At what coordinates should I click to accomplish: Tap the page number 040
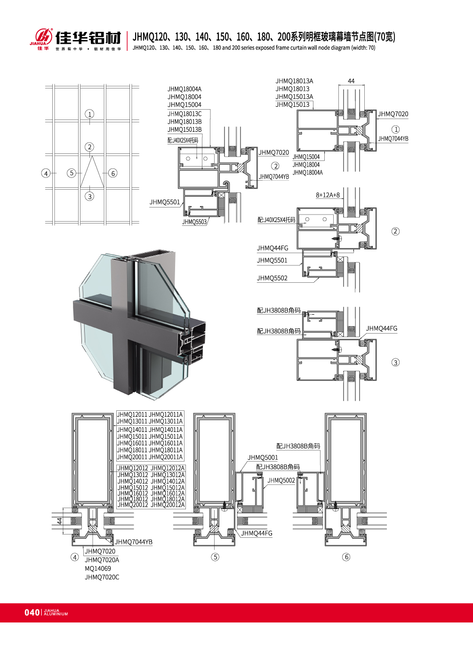tap(32, 612)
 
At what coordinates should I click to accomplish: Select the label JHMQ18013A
tap(294, 81)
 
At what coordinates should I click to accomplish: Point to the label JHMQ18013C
tap(184, 114)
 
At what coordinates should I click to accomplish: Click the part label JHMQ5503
tap(194, 222)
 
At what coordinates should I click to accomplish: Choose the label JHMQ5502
tap(272, 278)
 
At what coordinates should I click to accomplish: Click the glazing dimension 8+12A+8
tap(328, 195)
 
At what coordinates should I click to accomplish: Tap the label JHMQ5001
tap(263, 457)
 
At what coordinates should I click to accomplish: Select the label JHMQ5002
tap(281, 480)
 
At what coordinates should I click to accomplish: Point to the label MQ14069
tap(98, 568)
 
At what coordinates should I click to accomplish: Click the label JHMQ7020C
tap(102, 577)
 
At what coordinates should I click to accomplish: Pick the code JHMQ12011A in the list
tap(166, 415)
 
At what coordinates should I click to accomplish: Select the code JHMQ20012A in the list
tap(168, 505)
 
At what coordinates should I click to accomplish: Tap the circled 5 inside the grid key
tap(72, 173)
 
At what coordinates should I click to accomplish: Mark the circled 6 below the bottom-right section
tap(346, 557)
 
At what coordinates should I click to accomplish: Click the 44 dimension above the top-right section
tap(351, 81)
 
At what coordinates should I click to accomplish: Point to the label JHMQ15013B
tap(184, 129)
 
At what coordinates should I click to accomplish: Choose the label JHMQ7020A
tap(102, 560)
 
